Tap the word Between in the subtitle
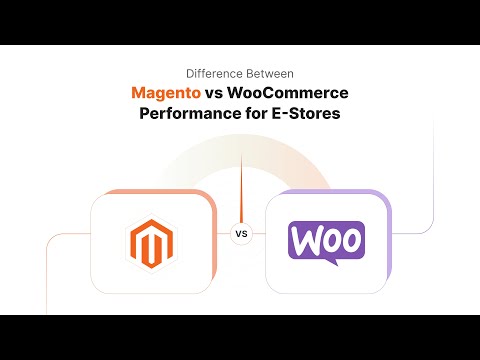point(266,73)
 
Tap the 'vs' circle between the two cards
point(240,235)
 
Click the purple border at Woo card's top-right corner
point(384,197)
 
